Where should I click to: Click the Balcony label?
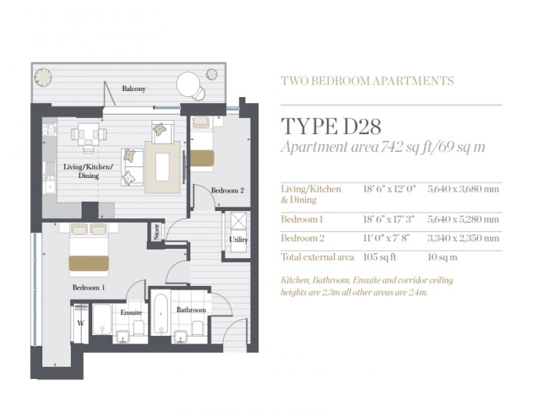[x=135, y=89]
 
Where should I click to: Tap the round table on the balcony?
[x=189, y=82]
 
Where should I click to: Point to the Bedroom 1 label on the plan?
[x=88, y=287]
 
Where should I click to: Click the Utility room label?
[x=238, y=239]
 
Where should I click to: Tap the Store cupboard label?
[x=156, y=232]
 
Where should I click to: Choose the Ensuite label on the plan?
[x=130, y=313]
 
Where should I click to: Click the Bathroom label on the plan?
[x=191, y=310]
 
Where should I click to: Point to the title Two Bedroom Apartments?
[x=367, y=80]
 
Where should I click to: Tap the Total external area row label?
[x=317, y=257]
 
